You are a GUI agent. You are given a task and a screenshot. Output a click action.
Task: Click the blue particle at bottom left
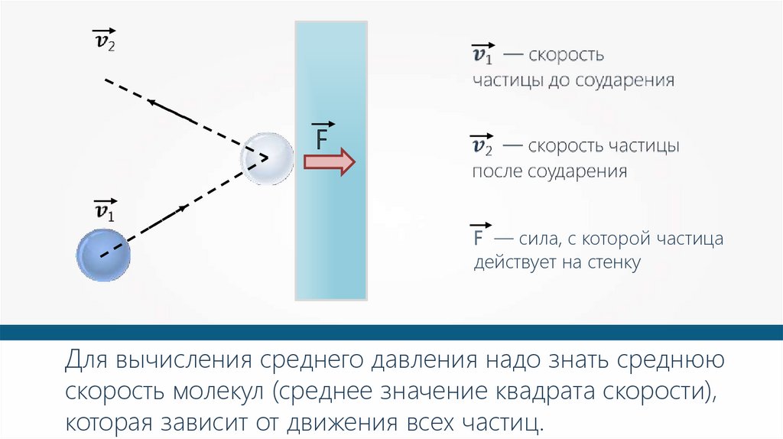tap(103, 257)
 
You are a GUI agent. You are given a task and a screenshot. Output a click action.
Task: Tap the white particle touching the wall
tap(266, 158)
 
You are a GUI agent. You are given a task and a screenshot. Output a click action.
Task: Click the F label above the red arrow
tap(322, 136)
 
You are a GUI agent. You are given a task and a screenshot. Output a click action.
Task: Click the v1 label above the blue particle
tap(103, 210)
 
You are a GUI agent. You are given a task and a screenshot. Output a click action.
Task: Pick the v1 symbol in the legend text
tap(482, 55)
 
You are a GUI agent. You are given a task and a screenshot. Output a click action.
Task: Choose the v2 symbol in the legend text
tap(482, 145)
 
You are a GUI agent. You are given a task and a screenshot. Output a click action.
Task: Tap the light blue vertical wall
tap(333, 229)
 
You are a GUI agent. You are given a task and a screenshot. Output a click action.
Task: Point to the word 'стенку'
tap(612, 263)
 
